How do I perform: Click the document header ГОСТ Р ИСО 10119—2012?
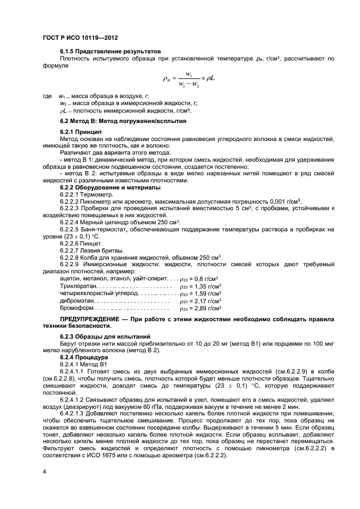[80, 38]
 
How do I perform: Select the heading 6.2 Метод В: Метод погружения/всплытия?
[123, 121]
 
